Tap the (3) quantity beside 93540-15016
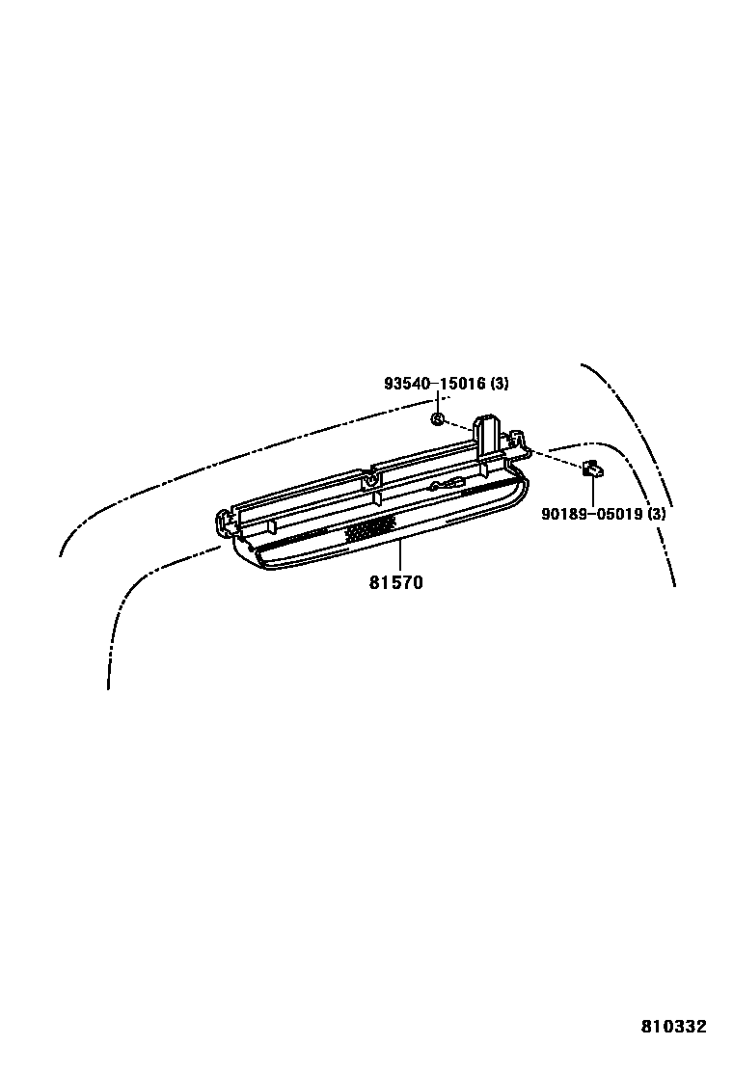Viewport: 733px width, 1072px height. (x=499, y=384)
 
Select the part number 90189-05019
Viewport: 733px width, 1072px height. (x=591, y=514)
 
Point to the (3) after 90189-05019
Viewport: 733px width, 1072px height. (x=656, y=514)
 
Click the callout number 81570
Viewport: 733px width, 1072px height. (x=394, y=583)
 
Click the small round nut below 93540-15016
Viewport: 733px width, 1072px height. (x=437, y=418)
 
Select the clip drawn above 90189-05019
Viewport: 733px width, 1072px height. (x=591, y=469)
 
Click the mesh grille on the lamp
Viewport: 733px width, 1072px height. (x=370, y=527)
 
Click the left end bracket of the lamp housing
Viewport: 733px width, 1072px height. (x=224, y=520)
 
